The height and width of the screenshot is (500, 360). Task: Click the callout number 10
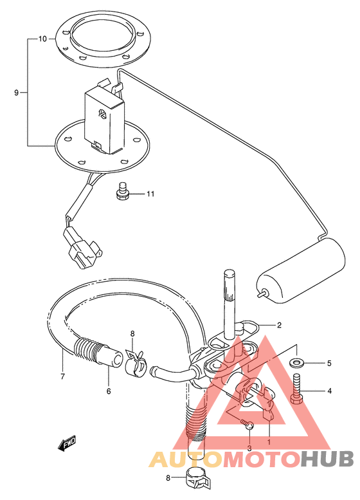pos(42,39)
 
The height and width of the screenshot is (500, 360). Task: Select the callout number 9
pos(16,93)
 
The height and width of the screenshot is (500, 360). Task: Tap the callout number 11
pos(150,194)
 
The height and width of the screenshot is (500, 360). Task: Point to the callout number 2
pos(279,325)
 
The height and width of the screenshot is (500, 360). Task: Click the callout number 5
pos(329,363)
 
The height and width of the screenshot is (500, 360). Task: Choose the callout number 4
pos(329,391)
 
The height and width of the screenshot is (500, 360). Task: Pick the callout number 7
pos(62,376)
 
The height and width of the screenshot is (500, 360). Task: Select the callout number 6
pos(109,391)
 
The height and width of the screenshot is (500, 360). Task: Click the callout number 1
pos(269,442)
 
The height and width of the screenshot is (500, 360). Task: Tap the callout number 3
pos(249,449)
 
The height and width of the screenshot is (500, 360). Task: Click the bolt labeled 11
pos(122,191)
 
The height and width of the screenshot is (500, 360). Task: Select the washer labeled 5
pos(296,362)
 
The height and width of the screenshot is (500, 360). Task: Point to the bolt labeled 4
pos(296,389)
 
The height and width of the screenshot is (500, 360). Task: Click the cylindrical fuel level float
pos(301,271)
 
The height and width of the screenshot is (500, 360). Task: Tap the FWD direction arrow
pos(67,443)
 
